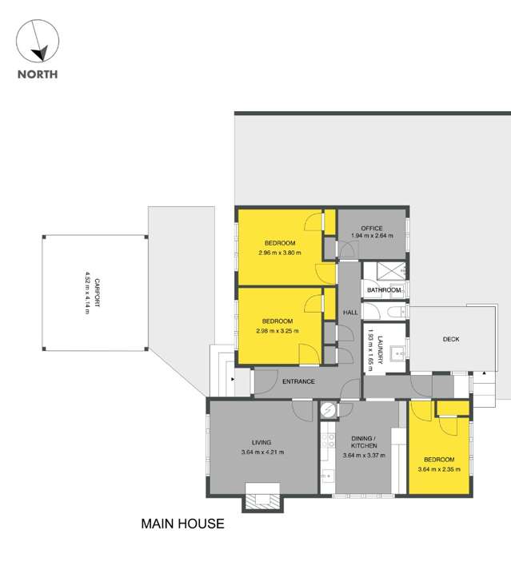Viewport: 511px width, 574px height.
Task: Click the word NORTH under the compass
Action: click(x=38, y=76)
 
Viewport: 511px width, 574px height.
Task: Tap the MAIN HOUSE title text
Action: click(x=182, y=524)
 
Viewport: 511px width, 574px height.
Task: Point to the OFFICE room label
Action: click(x=373, y=228)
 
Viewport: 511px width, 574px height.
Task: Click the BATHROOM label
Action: click(x=383, y=290)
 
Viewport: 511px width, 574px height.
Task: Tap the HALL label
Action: click(x=350, y=313)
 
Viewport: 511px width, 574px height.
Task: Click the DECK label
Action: click(x=451, y=339)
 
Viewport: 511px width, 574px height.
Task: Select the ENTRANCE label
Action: click(x=298, y=381)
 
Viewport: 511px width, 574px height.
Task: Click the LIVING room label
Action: click(x=261, y=442)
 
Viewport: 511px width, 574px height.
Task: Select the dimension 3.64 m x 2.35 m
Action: click(x=439, y=469)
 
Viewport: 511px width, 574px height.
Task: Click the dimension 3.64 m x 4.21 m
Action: click(x=261, y=452)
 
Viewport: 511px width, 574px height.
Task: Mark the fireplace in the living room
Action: click(x=262, y=501)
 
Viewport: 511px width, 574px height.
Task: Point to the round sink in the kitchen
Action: click(x=327, y=410)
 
